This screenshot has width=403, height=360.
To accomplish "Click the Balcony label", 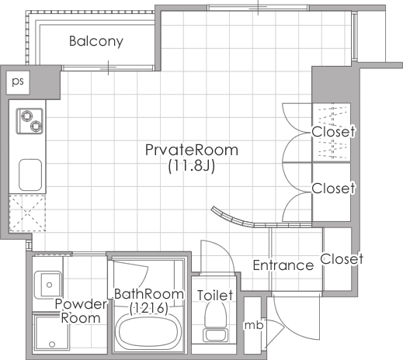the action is click(96, 41).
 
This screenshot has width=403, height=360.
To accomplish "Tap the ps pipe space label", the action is click(18, 81).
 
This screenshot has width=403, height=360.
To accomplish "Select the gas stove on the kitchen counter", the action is click(30, 121).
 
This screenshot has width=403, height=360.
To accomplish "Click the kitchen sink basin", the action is click(30, 175).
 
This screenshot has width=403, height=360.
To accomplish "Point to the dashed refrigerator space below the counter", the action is click(27, 213).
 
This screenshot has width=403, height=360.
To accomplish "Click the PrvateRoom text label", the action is click(192, 150).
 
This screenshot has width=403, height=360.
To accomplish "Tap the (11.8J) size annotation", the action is click(192, 166).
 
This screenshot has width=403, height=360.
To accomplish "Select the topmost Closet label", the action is click(333, 132).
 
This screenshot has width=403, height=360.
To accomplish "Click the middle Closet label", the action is click(333, 188).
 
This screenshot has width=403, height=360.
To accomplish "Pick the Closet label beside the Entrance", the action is click(342, 258).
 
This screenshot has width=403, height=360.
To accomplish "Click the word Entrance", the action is click(283, 265).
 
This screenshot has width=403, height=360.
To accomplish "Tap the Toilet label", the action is click(215, 295).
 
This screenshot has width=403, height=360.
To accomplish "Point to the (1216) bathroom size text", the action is click(149, 308).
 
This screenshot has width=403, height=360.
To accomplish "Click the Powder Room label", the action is click(81, 311).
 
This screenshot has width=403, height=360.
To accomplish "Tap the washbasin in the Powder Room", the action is click(48, 285).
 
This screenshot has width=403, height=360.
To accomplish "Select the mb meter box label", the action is click(254, 325).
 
